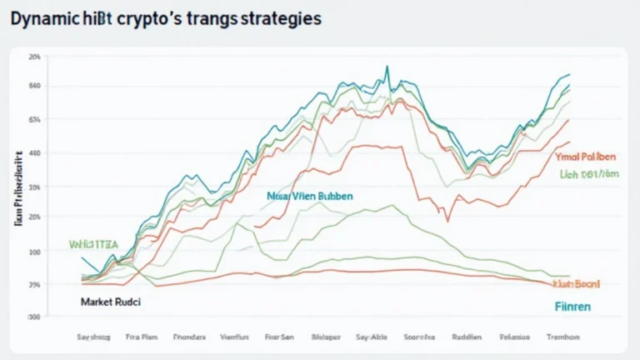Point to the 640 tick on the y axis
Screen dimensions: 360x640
pyautogui.click(x=34, y=86)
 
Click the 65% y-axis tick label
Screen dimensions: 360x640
pyautogui.click(x=34, y=120)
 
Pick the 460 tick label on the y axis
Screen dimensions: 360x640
pyautogui.click(x=34, y=154)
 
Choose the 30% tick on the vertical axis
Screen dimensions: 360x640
pyautogui.click(x=34, y=187)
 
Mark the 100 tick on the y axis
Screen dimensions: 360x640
pyautogui.click(x=34, y=252)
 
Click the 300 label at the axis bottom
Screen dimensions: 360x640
pyautogui.click(x=34, y=317)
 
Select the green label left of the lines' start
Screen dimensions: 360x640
pyautogui.click(x=93, y=244)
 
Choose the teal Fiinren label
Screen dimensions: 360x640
pyautogui.click(x=572, y=307)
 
